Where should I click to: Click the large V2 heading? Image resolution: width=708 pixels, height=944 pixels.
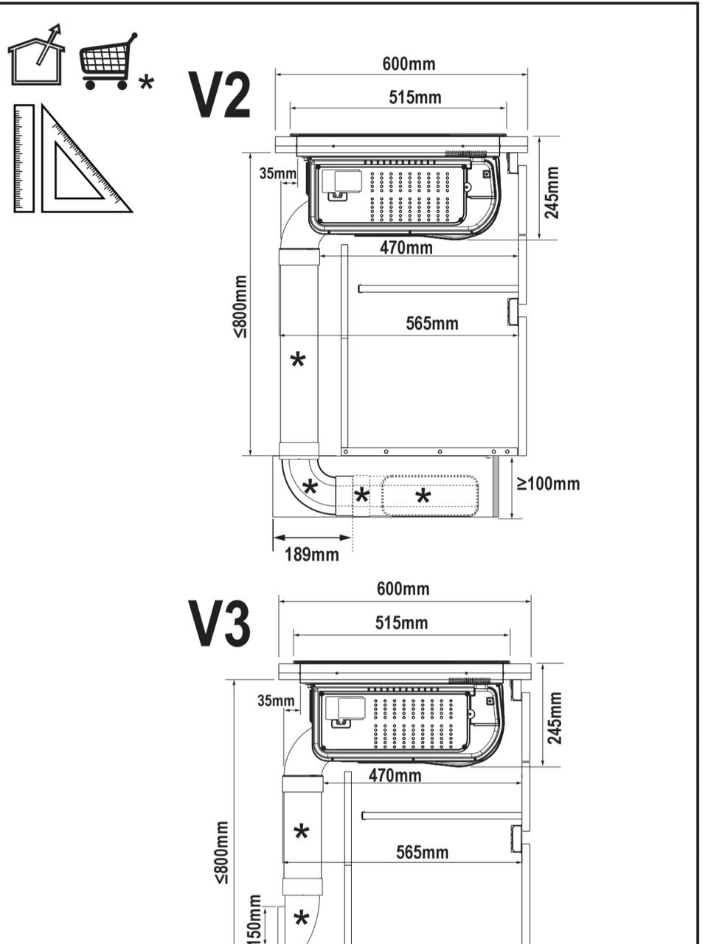coord(220,95)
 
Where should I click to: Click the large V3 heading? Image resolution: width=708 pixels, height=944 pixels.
coord(220,623)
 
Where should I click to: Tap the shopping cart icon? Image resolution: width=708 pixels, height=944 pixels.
coord(108,61)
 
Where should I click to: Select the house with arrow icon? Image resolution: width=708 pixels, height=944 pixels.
coord(37,55)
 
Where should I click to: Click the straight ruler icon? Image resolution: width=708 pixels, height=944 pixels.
coord(24,159)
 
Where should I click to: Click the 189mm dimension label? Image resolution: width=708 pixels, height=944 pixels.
coord(312,555)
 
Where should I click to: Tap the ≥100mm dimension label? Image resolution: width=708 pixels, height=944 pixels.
coord(549,484)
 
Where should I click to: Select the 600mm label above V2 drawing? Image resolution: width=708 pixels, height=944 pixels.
coord(409,63)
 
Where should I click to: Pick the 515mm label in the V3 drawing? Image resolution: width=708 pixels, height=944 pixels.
coord(401,622)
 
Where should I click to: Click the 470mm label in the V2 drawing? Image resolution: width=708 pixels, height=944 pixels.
coord(406,248)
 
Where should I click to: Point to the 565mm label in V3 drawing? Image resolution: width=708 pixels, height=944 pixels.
coord(422,853)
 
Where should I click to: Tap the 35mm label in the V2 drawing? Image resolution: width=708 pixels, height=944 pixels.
coord(278,174)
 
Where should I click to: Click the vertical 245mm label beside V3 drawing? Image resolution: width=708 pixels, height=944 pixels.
coord(555,718)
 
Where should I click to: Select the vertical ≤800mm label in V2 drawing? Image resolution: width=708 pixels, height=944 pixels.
coord(240,307)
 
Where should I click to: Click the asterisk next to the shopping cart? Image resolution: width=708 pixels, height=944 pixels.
coord(147,82)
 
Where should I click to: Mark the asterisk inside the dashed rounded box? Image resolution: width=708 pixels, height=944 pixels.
coord(423,496)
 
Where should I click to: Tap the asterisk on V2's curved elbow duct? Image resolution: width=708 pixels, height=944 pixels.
coord(310,487)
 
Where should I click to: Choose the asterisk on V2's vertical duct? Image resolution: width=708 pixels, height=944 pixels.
coord(298,360)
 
